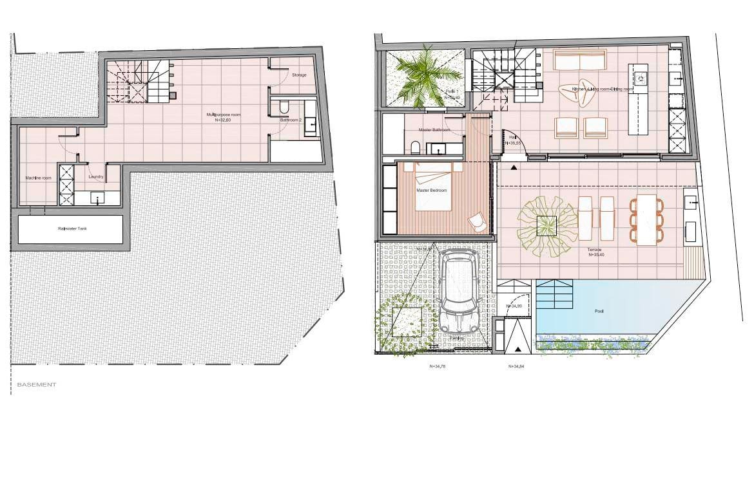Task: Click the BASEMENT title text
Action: [x=36, y=384]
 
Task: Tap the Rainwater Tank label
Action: [x=70, y=228]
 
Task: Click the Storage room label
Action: [x=299, y=75]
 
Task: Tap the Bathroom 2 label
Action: [x=291, y=120]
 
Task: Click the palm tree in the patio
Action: [x=423, y=76]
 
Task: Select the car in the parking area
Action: [x=458, y=290]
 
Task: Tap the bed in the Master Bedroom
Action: [x=433, y=186]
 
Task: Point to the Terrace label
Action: [x=594, y=249]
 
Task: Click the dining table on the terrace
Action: [x=646, y=219]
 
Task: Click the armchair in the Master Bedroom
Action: [x=478, y=221]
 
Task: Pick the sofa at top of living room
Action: [x=579, y=61]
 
